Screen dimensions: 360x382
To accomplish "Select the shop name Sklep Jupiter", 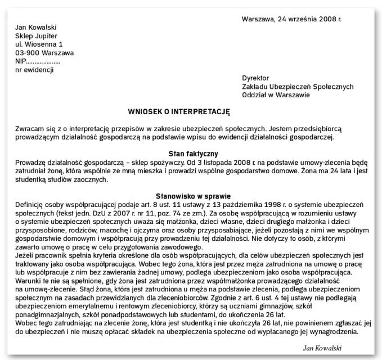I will [x=37, y=35].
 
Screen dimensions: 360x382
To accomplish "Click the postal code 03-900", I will [x=26, y=53].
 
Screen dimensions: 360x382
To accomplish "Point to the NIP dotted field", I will [x=44, y=61].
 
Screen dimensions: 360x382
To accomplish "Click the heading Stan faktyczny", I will [x=194, y=153].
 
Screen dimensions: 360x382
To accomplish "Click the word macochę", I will [x=126, y=239].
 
